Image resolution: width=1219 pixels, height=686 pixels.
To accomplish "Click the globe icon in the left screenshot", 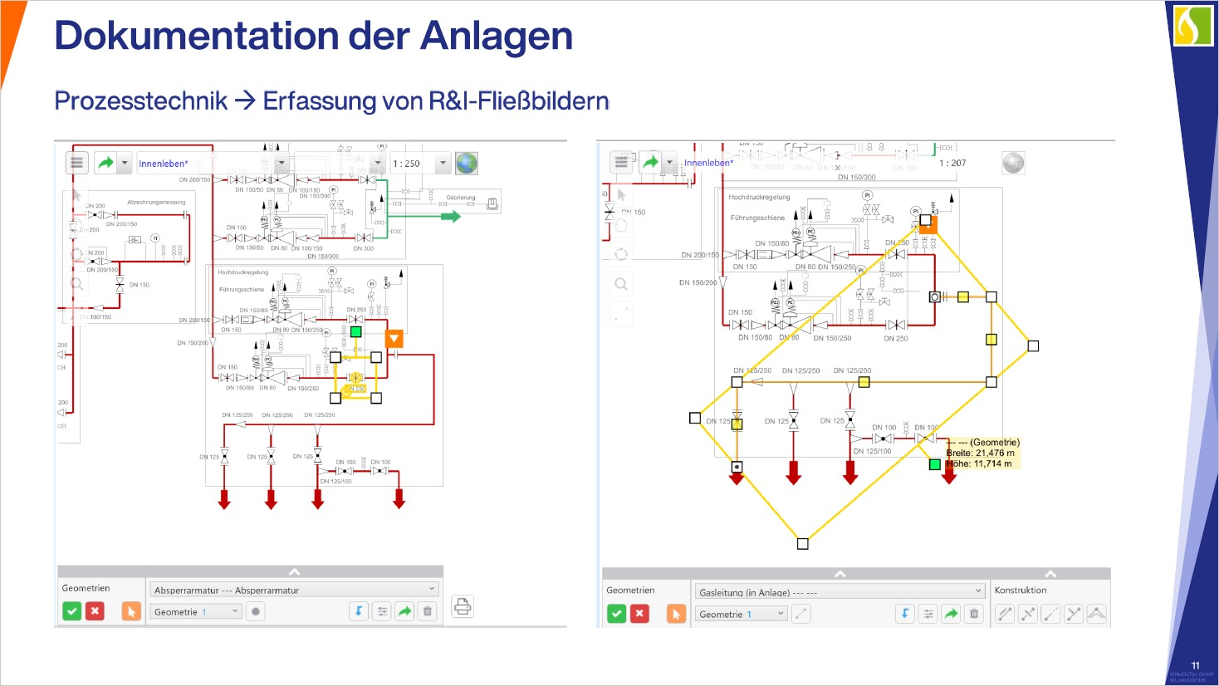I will pyautogui.click(x=467, y=163).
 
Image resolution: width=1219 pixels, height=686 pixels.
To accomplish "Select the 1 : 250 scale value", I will pyautogui.click(x=407, y=164).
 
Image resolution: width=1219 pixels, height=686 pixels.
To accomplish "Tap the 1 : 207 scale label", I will pyautogui.click(x=952, y=163).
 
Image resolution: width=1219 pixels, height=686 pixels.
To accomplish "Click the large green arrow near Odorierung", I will pyautogui.click(x=450, y=217).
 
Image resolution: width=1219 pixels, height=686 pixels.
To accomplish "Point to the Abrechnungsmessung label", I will pyautogui.click(x=156, y=202).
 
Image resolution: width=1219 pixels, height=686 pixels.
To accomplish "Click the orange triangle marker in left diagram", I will pyautogui.click(x=394, y=338).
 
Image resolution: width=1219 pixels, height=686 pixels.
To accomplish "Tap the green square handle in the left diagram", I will pyautogui.click(x=356, y=331).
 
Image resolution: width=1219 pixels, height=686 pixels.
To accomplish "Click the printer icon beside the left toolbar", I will pyautogui.click(x=463, y=607).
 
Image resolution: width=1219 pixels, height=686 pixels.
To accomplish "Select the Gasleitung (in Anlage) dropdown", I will pyautogui.click(x=840, y=592).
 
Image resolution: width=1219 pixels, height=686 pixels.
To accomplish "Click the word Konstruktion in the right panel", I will pyautogui.click(x=1021, y=590).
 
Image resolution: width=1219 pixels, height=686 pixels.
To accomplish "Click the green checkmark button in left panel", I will pyautogui.click(x=72, y=611).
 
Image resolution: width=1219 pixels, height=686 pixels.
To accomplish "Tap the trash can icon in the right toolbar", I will pyautogui.click(x=974, y=614).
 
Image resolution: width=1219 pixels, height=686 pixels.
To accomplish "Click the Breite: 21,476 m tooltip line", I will pyautogui.click(x=981, y=453).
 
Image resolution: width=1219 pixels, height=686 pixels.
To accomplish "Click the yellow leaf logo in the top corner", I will pyautogui.click(x=1193, y=25).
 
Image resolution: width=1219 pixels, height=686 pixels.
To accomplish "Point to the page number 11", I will pyautogui.click(x=1195, y=665).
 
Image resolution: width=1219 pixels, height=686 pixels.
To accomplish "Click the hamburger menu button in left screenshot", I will pyautogui.click(x=76, y=163).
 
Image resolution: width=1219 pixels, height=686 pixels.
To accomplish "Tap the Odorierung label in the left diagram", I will pyautogui.click(x=461, y=198).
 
